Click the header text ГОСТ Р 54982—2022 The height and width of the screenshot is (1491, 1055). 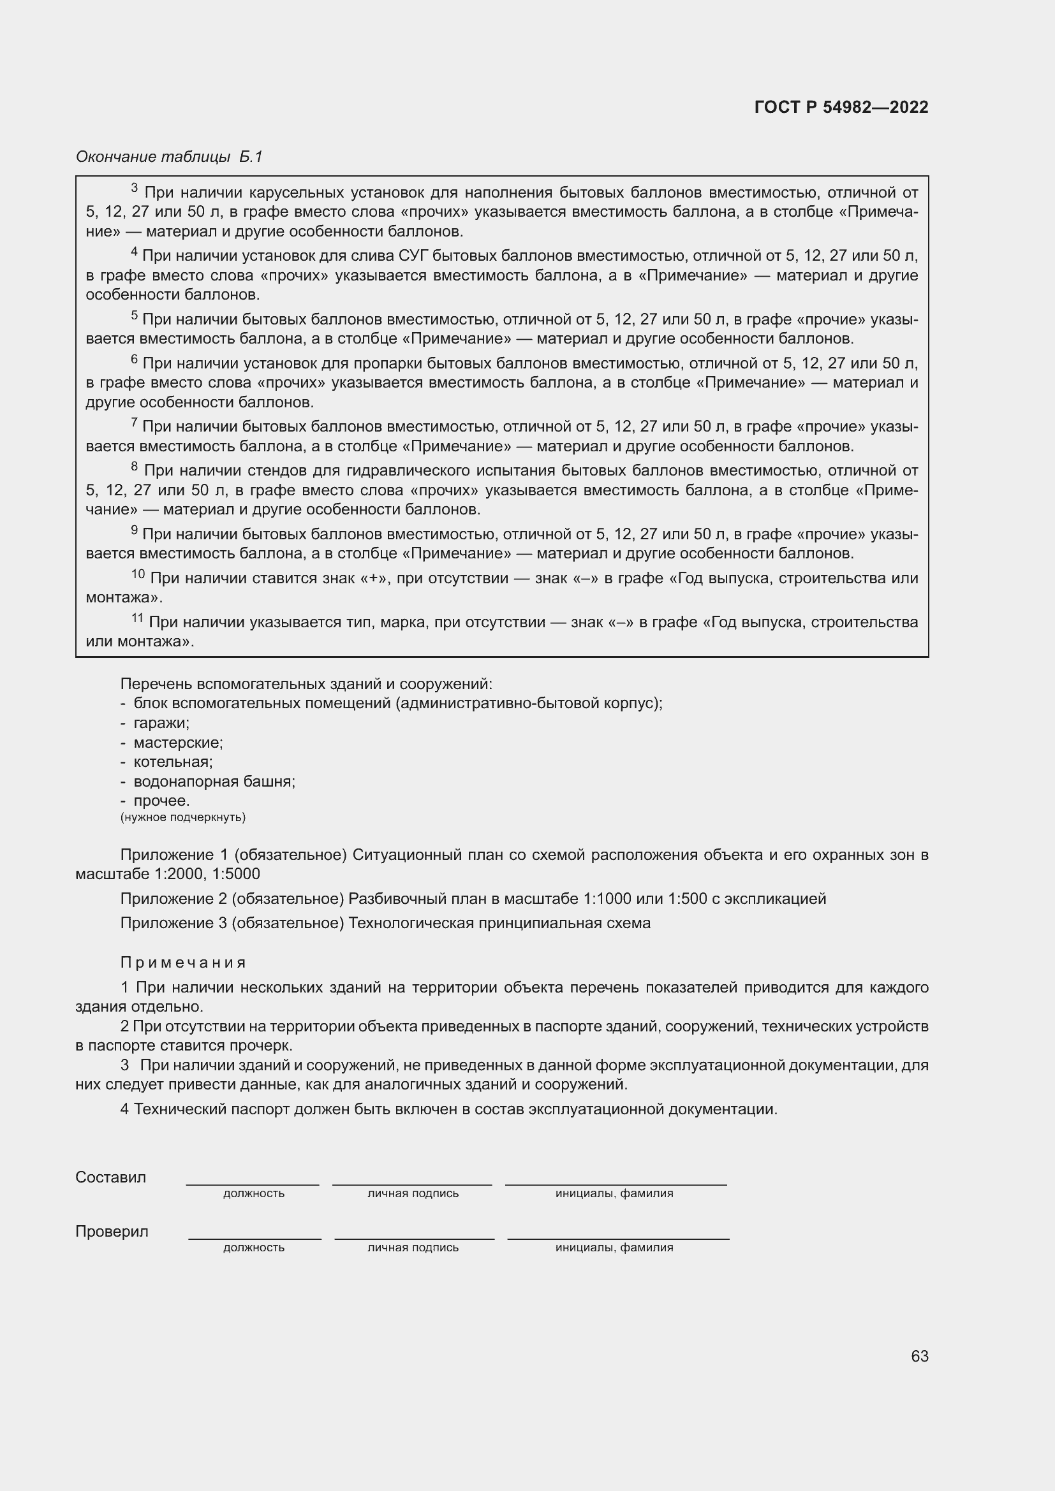[841, 107]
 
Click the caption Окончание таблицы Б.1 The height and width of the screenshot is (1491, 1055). [169, 157]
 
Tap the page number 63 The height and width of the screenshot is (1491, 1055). [919, 1356]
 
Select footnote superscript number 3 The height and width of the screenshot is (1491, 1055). [135, 187]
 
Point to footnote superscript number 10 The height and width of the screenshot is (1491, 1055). [138, 574]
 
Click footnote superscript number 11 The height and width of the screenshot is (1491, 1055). [137, 618]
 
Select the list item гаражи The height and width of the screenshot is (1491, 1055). [161, 723]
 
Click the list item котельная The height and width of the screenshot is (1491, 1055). [173, 762]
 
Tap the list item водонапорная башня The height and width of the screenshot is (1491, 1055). [214, 782]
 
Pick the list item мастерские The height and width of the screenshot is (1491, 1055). [178, 742]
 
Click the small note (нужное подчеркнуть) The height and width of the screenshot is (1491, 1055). [182, 817]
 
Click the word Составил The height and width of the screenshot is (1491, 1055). [110, 1177]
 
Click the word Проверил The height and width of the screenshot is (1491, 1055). [112, 1232]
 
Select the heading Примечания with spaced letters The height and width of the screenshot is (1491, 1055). [183, 963]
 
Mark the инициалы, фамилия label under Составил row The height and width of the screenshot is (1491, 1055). [614, 1193]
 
